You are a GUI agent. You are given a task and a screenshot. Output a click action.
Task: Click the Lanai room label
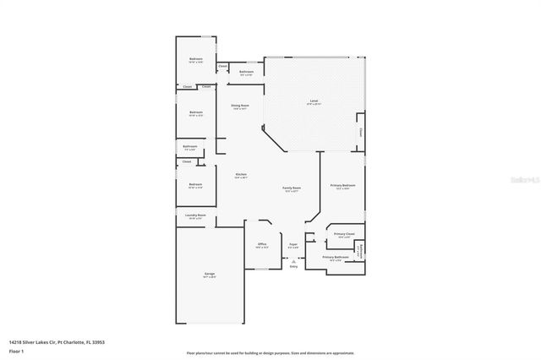point(313,101)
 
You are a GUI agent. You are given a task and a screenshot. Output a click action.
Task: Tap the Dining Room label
point(240,106)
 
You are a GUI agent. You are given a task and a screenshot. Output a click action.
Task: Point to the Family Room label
point(292,188)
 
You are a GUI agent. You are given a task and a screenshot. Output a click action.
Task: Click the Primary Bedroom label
point(342,184)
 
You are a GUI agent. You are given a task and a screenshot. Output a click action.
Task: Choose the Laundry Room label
point(196,215)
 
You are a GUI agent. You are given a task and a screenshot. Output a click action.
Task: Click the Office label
point(262,244)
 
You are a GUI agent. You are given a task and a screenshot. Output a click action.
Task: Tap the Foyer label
point(293,244)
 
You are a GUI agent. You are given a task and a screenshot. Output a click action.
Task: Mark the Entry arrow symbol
point(293,260)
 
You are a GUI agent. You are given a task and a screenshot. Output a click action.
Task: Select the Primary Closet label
point(343,234)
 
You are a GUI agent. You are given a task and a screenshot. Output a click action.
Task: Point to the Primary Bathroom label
point(335,257)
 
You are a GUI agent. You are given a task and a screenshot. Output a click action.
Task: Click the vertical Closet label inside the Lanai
point(360,132)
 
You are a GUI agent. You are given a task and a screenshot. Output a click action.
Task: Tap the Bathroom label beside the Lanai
point(247,72)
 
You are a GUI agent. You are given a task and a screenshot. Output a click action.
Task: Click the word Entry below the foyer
point(293,266)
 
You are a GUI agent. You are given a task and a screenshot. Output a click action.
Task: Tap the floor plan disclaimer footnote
point(270,352)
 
